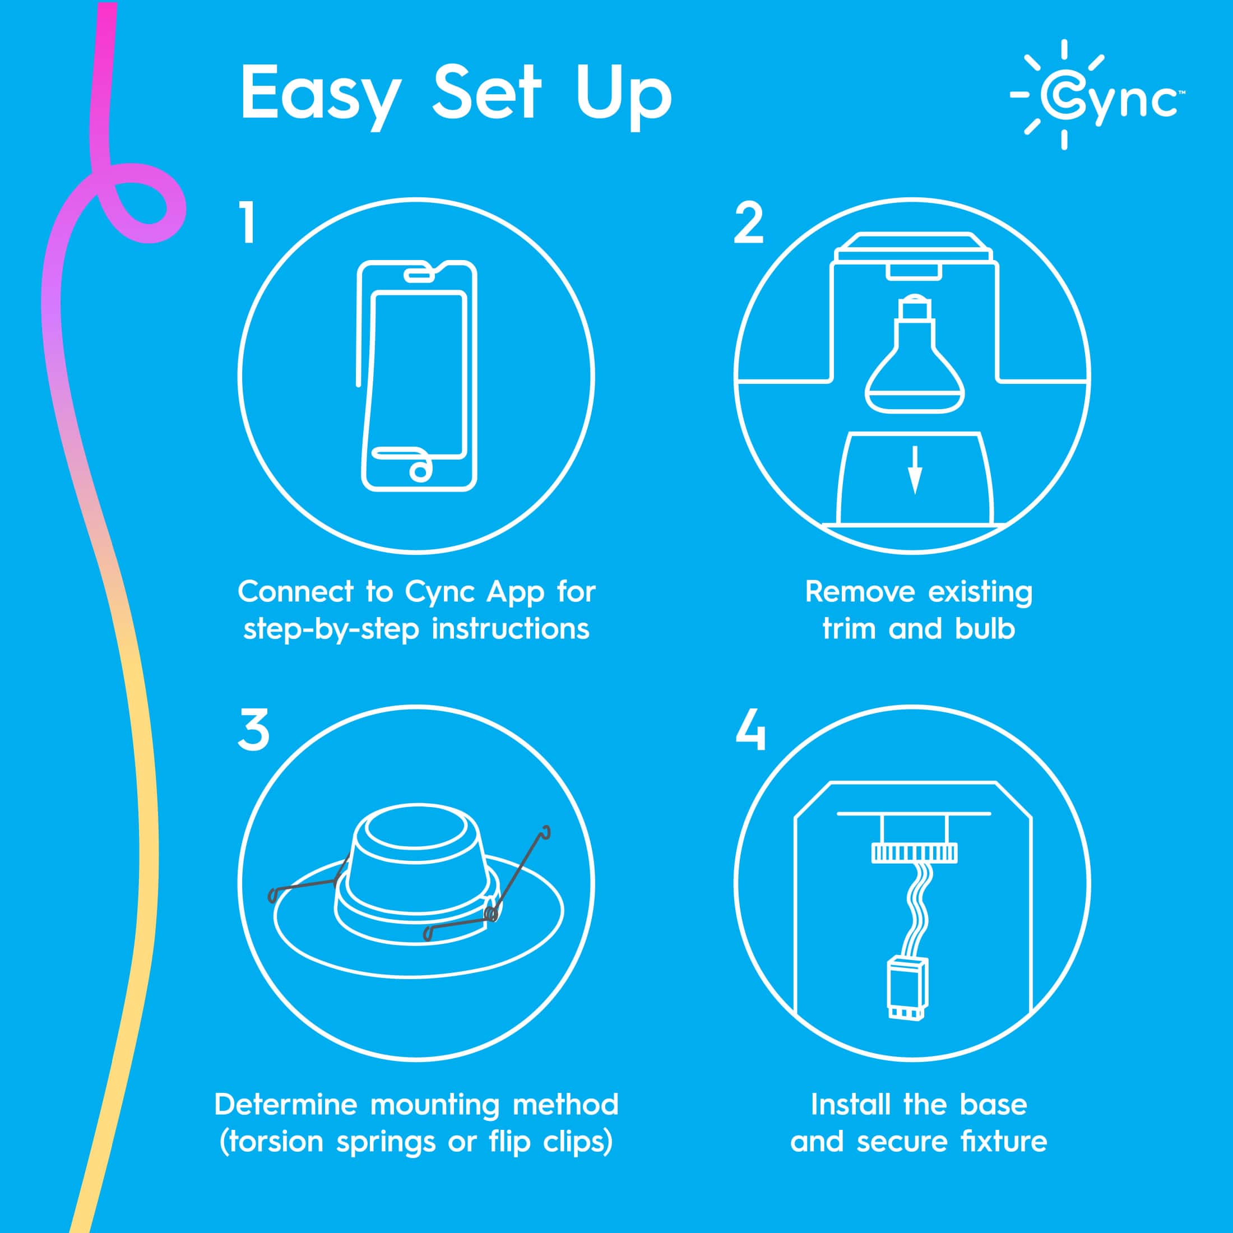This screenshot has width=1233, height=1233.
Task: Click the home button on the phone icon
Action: click(x=420, y=472)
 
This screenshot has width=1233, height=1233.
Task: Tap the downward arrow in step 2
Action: click(x=915, y=470)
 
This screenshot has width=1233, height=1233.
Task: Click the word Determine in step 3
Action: click(x=285, y=1105)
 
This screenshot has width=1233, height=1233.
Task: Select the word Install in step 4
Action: click(x=852, y=1105)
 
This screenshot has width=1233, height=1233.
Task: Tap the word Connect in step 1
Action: click(x=295, y=592)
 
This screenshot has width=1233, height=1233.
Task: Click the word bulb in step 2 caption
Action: click(x=985, y=629)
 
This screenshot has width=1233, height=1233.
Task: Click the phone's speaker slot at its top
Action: click(x=419, y=275)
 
